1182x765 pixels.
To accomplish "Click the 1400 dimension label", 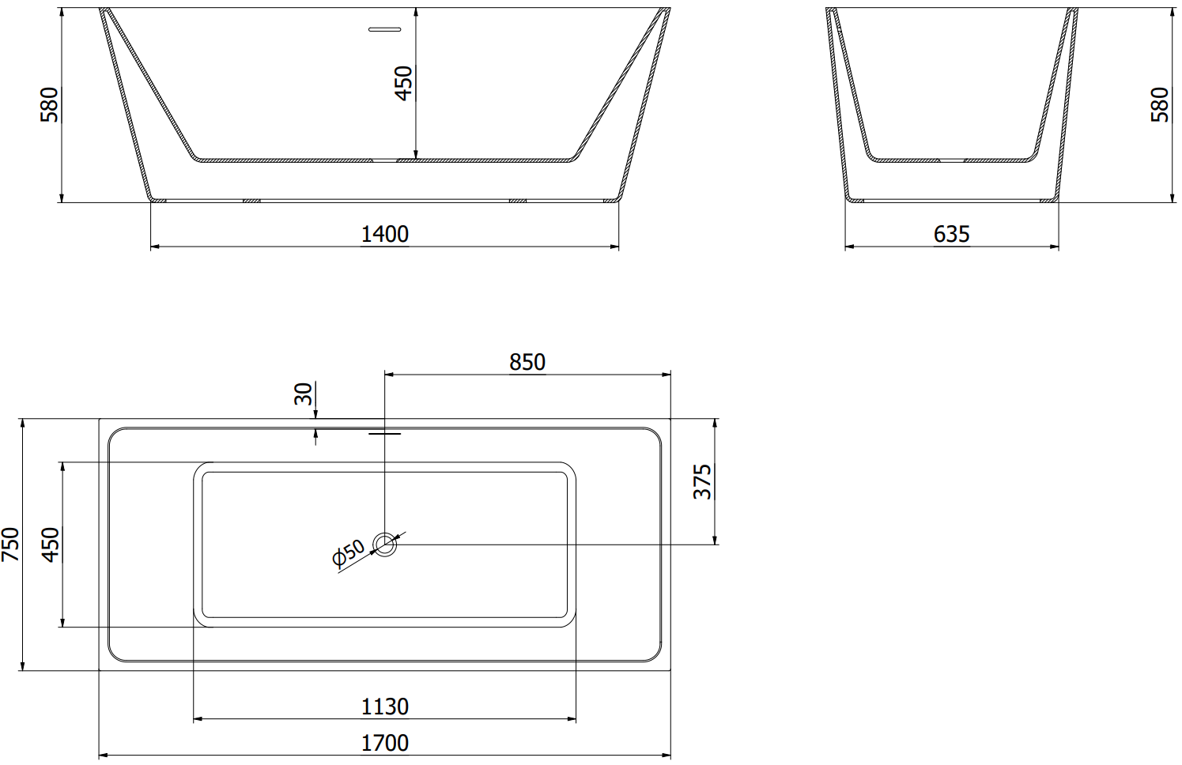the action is (385, 234).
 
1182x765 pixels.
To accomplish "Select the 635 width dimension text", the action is (951, 234).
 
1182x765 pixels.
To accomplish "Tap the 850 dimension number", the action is (527, 362).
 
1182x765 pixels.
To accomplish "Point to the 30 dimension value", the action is (304, 394).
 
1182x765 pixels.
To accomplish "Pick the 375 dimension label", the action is (702, 481).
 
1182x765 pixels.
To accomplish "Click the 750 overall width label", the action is (10, 545).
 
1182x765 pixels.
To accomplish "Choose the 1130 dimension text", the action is (385, 707).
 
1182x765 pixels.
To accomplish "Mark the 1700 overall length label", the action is (385, 744).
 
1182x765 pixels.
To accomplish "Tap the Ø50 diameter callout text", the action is (349, 552).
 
